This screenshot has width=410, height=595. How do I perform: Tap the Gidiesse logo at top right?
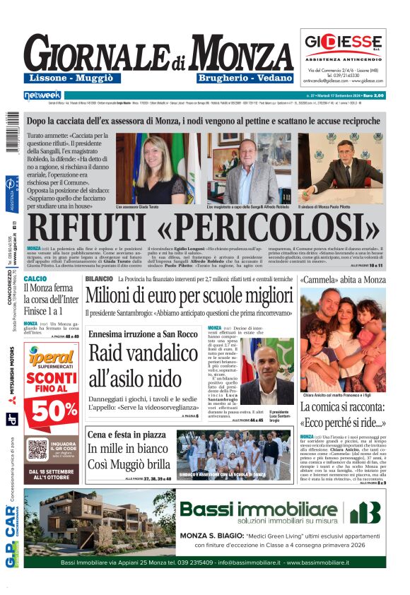point(343,42)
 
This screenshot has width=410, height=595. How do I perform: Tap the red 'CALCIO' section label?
point(35,279)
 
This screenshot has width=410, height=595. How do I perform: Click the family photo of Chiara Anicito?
point(343,339)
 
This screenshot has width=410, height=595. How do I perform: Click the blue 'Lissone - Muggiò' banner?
point(69,77)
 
